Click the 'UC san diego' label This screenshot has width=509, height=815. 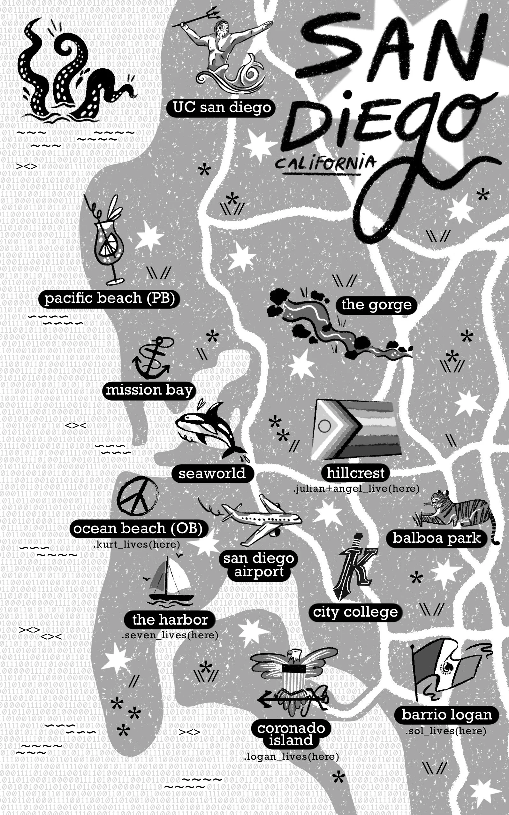pyautogui.click(x=221, y=107)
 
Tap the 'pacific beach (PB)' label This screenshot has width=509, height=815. pyautogui.click(x=109, y=298)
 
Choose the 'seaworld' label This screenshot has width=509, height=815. pyautogui.click(x=212, y=473)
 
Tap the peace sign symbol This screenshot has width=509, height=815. pyautogui.click(x=137, y=495)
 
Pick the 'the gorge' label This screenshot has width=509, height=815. pyautogui.click(x=376, y=305)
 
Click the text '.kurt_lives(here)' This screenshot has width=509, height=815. pyautogui.click(x=136, y=545)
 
